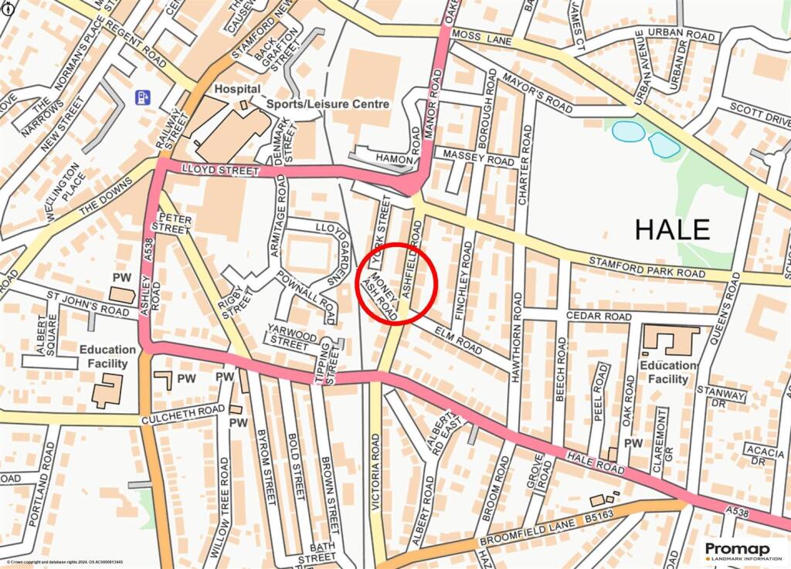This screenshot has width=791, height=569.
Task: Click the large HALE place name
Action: [672, 229]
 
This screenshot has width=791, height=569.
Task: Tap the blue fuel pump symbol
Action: [143, 97]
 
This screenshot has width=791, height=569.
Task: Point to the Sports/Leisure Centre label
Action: [328, 103]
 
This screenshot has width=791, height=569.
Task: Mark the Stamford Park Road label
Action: [647, 268]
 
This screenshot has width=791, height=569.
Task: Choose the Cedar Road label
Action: [599, 317]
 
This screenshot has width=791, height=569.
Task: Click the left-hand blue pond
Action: [628, 132]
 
